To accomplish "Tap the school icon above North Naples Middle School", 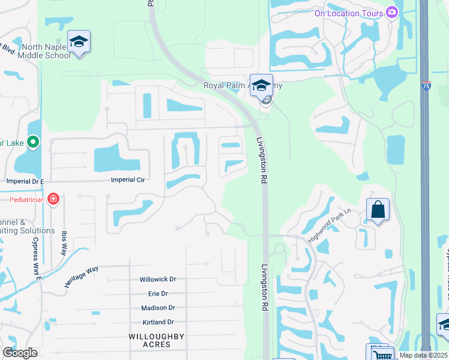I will pyautogui.click(x=79, y=42).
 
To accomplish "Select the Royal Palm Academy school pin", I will pyautogui.click(x=261, y=85).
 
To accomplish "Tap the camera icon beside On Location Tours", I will pyautogui.click(x=392, y=12).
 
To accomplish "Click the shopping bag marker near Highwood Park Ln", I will pyautogui.click(x=378, y=210).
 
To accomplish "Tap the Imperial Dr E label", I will pyautogui.click(x=25, y=181).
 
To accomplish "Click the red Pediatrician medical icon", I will pyautogui.click(x=53, y=198).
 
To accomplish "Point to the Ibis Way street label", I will pyautogui.click(x=64, y=243).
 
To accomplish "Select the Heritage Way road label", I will pyautogui.click(x=81, y=277).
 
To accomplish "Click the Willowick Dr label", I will pyautogui.click(x=158, y=280).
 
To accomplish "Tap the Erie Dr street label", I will pyautogui.click(x=158, y=294).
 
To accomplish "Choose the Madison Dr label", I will pyautogui.click(x=158, y=308).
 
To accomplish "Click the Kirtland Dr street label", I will pyautogui.click(x=158, y=322).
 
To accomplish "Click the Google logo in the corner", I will pyautogui.click(x=20, y=353).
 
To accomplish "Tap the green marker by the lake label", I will pyautogui.click(x=33, y=142).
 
